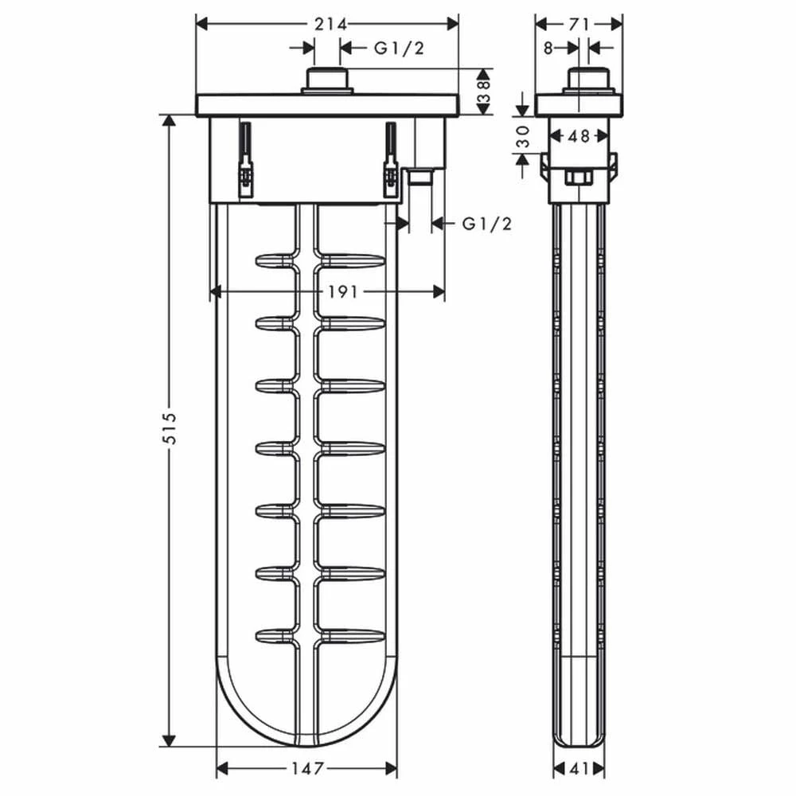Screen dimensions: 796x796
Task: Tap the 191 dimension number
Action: coord(342,292)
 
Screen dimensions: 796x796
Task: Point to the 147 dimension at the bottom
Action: coord(307,768)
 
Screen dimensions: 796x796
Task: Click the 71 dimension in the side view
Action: coord(579,24)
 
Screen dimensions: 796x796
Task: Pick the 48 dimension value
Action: coord(579,136)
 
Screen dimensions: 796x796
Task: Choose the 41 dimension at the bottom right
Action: coord(579,769)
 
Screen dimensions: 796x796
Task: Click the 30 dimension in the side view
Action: coord(523,137)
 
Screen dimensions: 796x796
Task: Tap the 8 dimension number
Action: coord(548,49)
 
